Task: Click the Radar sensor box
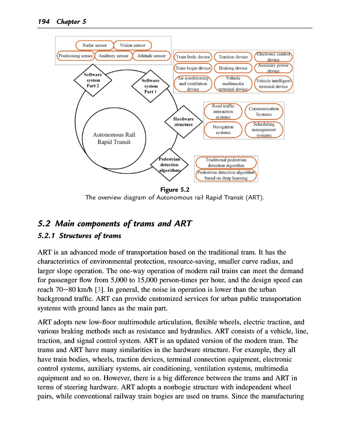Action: coord(95,45)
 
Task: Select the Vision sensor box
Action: coord(132,45)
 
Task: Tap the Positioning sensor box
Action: coord(75,56)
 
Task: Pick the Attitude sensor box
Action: coord(151,56)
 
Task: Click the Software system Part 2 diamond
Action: coord(93,80)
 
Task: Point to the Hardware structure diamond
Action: coord(183,122)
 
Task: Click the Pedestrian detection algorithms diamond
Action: coord(169,165)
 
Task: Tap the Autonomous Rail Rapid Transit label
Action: coord(114,138)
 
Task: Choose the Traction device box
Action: coord(233,57)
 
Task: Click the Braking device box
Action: coord(233,68)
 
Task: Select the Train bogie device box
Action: coord(193,68)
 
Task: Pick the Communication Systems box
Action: coord(263,111)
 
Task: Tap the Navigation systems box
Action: coord(223,130)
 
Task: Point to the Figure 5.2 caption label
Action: coord(175,190)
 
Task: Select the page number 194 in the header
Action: coord(44,22)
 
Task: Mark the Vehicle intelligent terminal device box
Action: coord(273,84)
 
